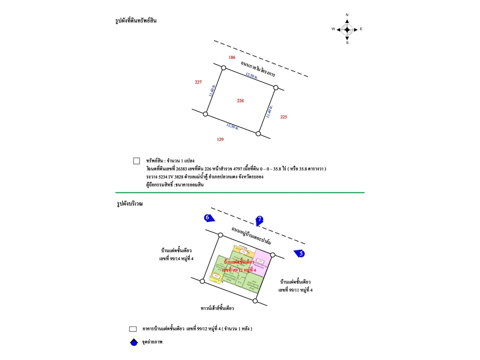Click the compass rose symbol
pos(347,29)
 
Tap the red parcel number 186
pos(232,57)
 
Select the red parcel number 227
pos(198,82)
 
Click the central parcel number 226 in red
pos(240,100)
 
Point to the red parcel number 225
pos(284,117)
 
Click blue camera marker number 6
pos(208,217)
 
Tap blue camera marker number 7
pos(259,219)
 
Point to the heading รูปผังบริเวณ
pos(129,204)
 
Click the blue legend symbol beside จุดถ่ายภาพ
pos(133,342)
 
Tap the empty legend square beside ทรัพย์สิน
pos(136,161)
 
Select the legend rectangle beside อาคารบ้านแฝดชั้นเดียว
pos(133,329)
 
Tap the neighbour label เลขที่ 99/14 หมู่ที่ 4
pos(176,258)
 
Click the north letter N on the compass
pos(347,15)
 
